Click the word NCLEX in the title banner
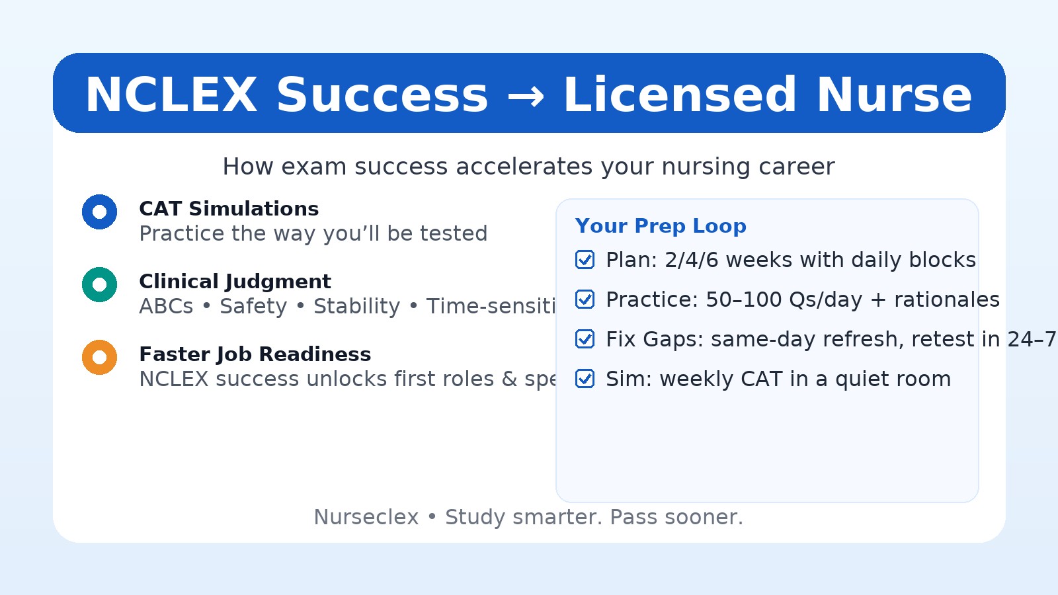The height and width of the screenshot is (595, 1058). click(x=171, y=95)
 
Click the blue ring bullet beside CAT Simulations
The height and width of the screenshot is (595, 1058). click(x=100, y=212)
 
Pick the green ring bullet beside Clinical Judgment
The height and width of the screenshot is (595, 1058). click(x=100, y=285)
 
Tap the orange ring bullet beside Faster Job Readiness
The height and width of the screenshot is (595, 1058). click(x=100, y=358)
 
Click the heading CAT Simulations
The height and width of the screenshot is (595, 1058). click(x=229, y=209)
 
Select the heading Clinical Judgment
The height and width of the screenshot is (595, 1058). click(x=235, y=282)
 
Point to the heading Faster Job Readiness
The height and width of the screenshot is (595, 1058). click(x=255, y=354)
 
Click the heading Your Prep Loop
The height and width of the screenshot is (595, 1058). click(x=661, y=226)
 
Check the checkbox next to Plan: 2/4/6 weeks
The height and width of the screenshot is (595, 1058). click(x=585, y=260)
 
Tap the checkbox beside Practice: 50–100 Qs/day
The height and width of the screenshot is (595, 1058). click(x=585, y=299)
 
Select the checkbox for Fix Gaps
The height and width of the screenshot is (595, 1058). click(x=585, y=339)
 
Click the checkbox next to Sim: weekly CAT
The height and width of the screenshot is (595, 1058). click(x=585, y=379)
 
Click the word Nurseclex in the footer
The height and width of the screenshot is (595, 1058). click(x=366, y=517)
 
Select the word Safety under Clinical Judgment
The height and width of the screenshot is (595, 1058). click(x=253, y=307)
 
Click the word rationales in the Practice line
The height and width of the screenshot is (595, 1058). click(x=946, y=300)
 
